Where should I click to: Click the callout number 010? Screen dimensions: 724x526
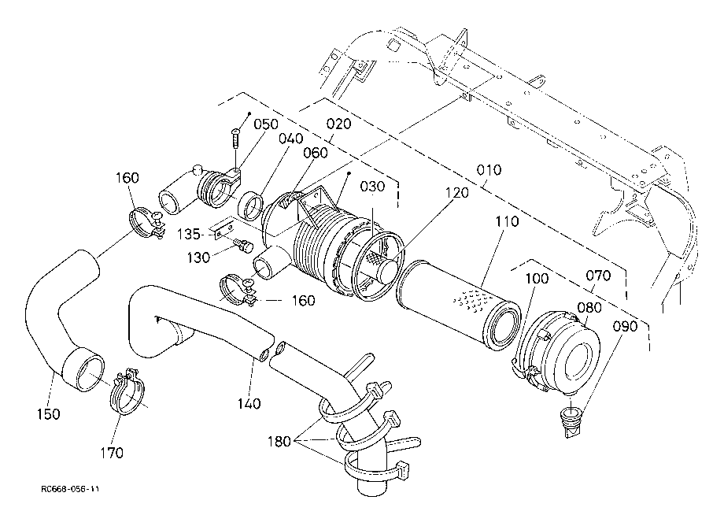pyautogui.click(x=489, y=170)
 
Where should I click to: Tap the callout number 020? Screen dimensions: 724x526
pyautogui.click(x=338, y=124)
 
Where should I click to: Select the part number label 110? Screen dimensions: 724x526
pyautogui.click(x=507, y=222)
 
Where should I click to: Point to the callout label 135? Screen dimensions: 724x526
pyautogui.click(x=188, y=235)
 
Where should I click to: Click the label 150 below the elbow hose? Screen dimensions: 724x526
pyautogui.click(x=49, y=414)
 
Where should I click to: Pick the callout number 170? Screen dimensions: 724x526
pyautogui.click(x=112, y=453)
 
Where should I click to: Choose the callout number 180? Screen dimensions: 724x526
pyautogui.click(x=279, y=442)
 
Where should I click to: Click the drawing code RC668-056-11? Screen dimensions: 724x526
pyautogui.click(x=70, y=490)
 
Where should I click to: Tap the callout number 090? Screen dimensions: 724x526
pyautogui.click(x=625, y=327)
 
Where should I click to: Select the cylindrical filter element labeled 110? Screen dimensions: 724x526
pyautogui.click(x=460, y=305)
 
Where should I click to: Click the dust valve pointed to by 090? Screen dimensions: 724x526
pyautogui.click(x=571, y=420)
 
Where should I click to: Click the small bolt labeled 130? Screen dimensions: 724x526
pyautogui.click(x=243, y=244)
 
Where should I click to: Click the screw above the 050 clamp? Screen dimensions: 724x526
pyautogui.click(x=236, y=139)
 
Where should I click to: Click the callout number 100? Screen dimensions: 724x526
pyautogui.click(x=537, y=279)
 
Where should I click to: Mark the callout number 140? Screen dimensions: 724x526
pyautogui.click(x=249, y=404)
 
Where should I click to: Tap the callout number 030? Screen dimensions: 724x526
pyautogui.click(x=372, y=187)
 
